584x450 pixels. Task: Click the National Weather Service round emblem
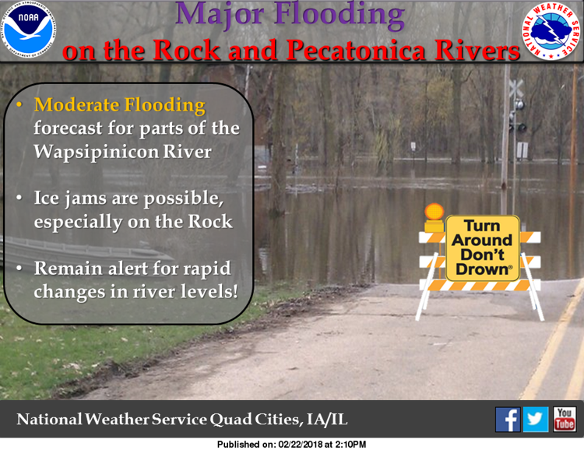551,31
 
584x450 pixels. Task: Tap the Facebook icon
508,420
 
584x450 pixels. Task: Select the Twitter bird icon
536,420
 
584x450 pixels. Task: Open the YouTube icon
565,420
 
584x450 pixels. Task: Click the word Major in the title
220,15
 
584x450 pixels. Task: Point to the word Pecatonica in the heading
356,50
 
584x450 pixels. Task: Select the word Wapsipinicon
96,153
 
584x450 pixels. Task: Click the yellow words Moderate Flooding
120,105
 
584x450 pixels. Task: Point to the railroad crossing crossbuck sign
516,89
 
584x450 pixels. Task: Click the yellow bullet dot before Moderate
19,105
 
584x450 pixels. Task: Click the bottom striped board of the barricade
480,286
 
